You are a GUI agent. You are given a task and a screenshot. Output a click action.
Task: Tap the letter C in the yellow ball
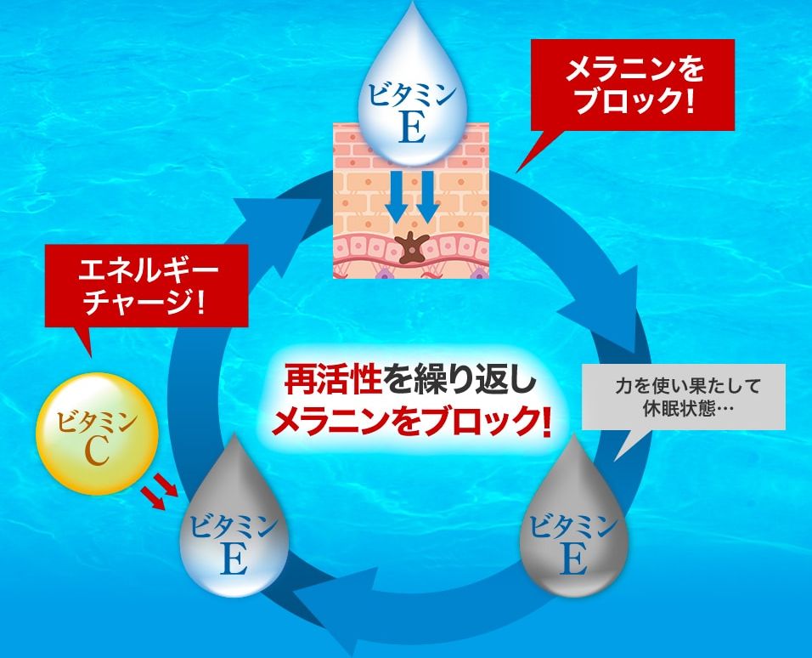click(x=96, y=452)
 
